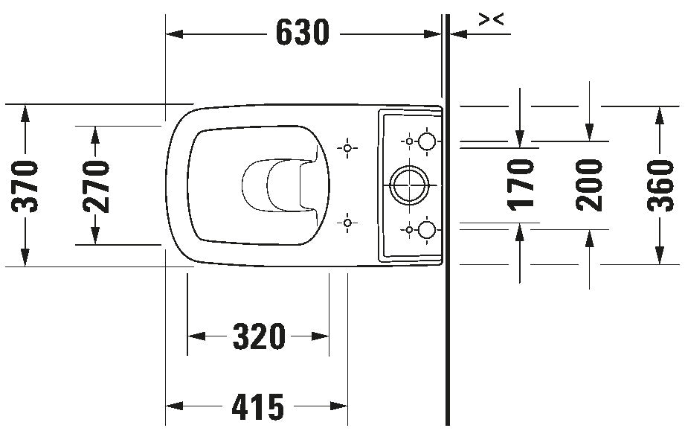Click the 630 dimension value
point(302,32)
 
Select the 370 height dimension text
point(25,186)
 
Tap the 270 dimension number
point(96,186)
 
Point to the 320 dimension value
point(259,336)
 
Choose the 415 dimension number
point(258,406)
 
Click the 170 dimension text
point(521,185)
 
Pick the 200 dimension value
point(589,185)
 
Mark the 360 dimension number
point(660,186)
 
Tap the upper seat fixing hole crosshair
point(347,148)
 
